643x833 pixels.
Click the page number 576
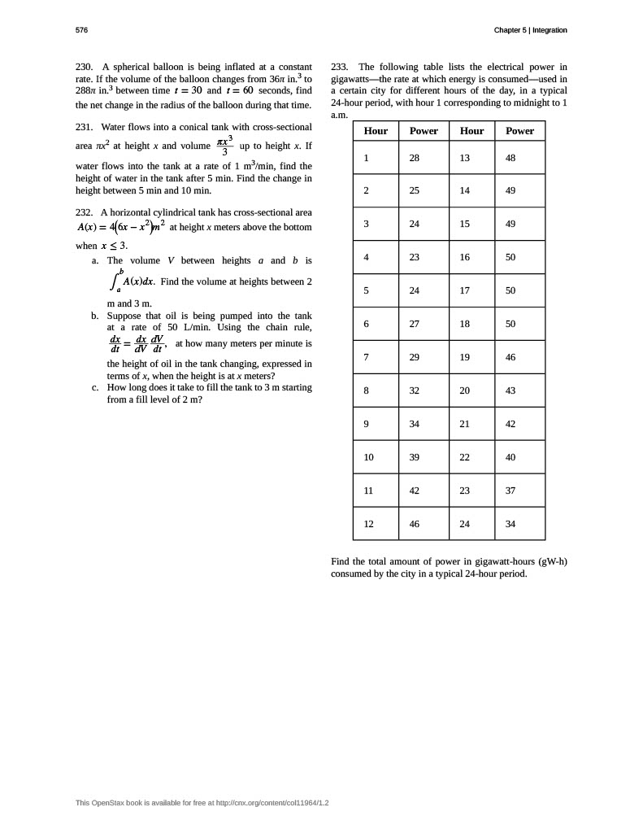coord(81,30)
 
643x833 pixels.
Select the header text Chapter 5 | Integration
coord(530,30)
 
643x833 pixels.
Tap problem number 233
coord(341,67)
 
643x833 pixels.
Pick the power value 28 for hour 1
coord(415,158)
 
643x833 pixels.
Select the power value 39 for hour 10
coord(415,457)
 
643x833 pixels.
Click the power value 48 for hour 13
coord(510,158)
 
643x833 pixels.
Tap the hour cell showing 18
coord(465,324)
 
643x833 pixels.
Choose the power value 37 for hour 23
coord(510,491)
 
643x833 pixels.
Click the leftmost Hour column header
coord(376,130)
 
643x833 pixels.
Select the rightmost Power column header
coord(519,130)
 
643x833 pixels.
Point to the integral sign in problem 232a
coord(115,281)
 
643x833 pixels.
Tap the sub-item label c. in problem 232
coord(95,387)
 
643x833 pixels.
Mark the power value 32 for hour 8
coord(415,390)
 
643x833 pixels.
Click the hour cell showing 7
coord(367,357)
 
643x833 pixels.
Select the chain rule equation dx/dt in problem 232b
coord(137,344)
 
